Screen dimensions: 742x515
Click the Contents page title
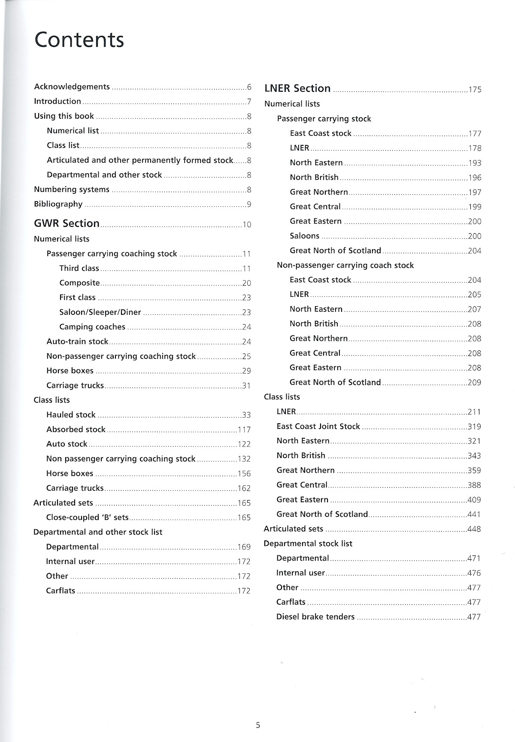click(x=79, y=39)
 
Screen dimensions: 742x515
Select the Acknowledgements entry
click(x=72, y=87)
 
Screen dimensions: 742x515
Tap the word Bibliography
click(x=58, y=204)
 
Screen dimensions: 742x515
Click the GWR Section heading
click(x=67, y=223)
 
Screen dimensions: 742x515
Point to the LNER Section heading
click(x=297, y=88)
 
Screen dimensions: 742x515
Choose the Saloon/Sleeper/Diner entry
click(x=100, y=312)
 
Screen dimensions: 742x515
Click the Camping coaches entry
click(x=92, y=327)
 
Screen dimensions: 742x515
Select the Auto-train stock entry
click(x=77, y=341)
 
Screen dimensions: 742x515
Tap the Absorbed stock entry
click(x=76, y=429)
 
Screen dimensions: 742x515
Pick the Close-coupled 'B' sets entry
click(x=87, y=517)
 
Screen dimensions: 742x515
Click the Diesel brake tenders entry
click(x=315, y=617)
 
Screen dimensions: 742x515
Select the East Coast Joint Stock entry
click(x=318, y=426)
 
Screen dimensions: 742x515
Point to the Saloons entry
click(x=304, y=236)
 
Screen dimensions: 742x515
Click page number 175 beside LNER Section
click(x=475, y=90)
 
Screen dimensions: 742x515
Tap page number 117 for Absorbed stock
click(x=244, y=430)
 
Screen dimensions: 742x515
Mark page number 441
click(x=474, y=514)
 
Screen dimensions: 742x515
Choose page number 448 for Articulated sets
click(x=474, y=529)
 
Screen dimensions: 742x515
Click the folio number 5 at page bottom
click(x=258, y=725)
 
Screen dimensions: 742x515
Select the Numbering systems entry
click(x=72, y=190)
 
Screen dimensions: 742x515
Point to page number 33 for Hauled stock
click(x=246, y=415)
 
